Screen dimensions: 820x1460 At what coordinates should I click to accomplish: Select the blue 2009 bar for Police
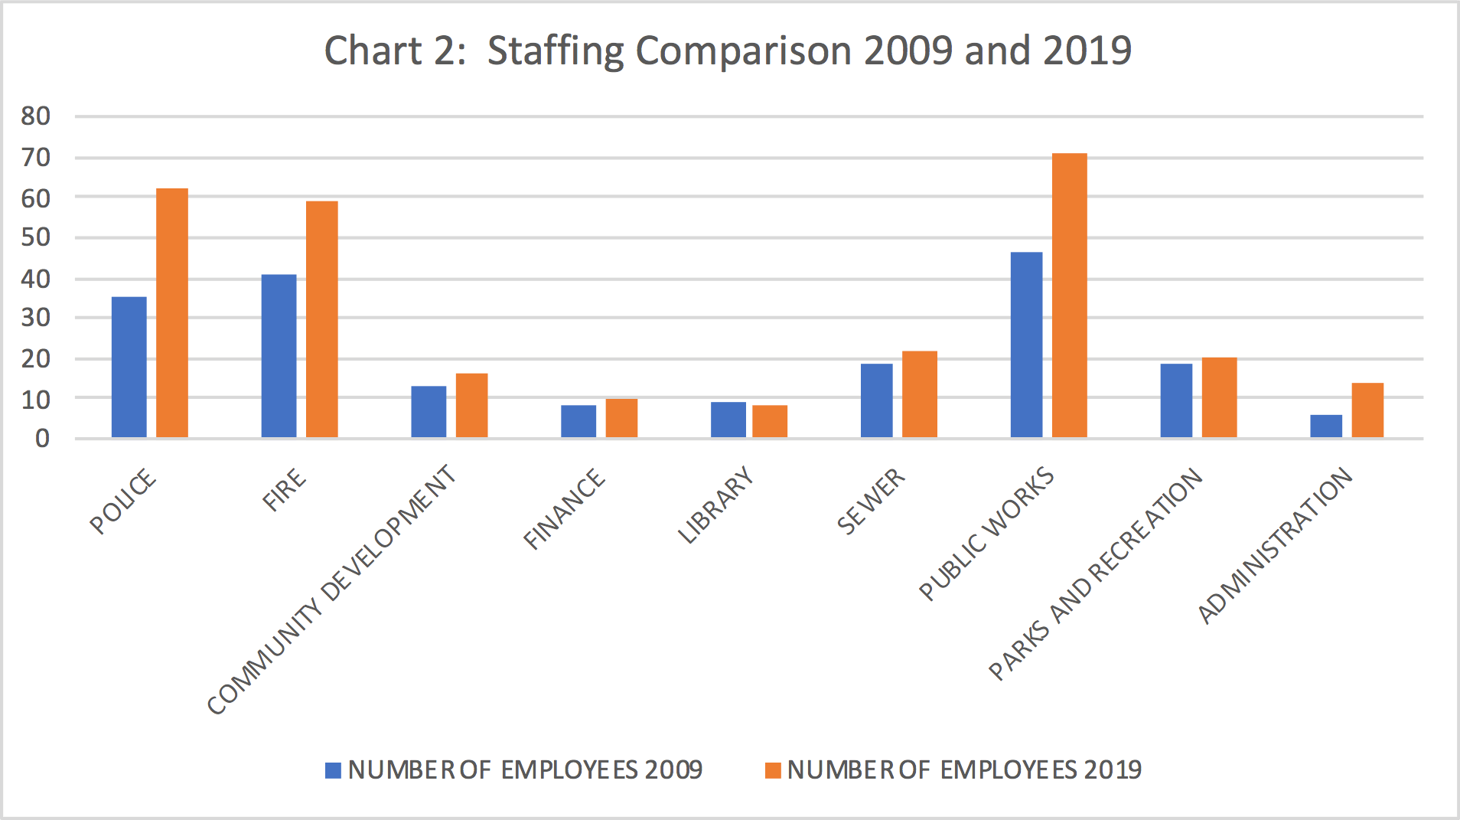click(x=129, y=368)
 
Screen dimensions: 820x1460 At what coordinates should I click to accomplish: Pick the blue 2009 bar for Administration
click(x=1325, y=426)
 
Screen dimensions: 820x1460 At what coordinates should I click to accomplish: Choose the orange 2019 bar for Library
click(x=769, y=421)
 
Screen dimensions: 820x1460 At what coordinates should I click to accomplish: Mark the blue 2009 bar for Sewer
click(x=876, y=400)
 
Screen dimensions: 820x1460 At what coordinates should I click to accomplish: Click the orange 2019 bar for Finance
click(x=621, y=418)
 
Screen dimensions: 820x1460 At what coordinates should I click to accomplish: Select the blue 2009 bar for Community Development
click(x=429, y=412)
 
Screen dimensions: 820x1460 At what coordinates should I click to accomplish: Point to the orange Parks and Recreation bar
click(x=1219, y=397)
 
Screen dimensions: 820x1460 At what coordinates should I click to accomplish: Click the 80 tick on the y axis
click(x=36, y=116)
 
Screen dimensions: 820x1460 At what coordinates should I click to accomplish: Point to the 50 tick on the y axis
click(x=36, y=237)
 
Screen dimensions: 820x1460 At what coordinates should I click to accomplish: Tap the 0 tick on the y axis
click(x=42, y=439)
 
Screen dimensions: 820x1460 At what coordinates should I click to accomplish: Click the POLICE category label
click(x=122, y=502)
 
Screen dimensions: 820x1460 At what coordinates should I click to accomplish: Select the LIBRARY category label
click(x=715, y=505)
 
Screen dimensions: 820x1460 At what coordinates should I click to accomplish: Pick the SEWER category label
click(x=871, y=501)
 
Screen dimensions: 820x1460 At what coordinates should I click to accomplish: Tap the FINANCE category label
click(x=564, y=509)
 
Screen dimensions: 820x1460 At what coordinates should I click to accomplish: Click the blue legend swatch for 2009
click(x=333, y=770)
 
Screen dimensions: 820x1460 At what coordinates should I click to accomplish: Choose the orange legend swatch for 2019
click(x=773, y=770)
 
